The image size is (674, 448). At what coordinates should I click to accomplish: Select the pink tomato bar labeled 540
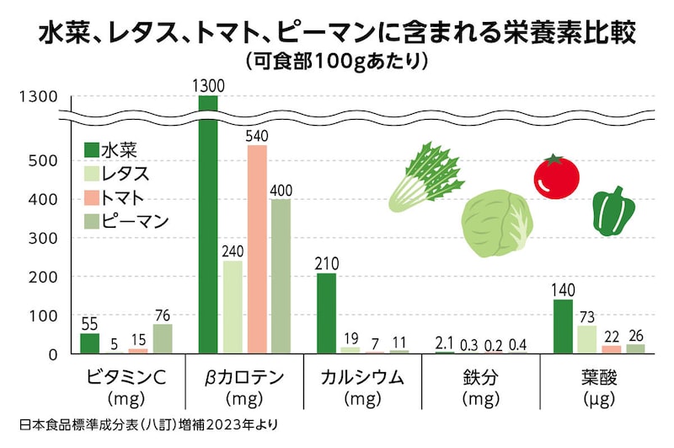(257, 249)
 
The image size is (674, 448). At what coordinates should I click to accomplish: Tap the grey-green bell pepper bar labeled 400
(281, 276)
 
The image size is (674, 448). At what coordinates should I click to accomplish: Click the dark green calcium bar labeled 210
(326, 312)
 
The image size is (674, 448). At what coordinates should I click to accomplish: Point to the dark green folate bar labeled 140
(563, 326)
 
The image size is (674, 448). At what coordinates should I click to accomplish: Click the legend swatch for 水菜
(91, 151)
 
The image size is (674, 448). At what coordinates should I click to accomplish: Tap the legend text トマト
(125, 198)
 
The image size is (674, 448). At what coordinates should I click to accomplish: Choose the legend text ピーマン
(135, 222)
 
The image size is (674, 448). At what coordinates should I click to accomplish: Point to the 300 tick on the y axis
(44, 239)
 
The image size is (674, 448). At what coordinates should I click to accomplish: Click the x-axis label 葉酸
(597, 376)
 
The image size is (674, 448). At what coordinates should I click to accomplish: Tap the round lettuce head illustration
(497, 223)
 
